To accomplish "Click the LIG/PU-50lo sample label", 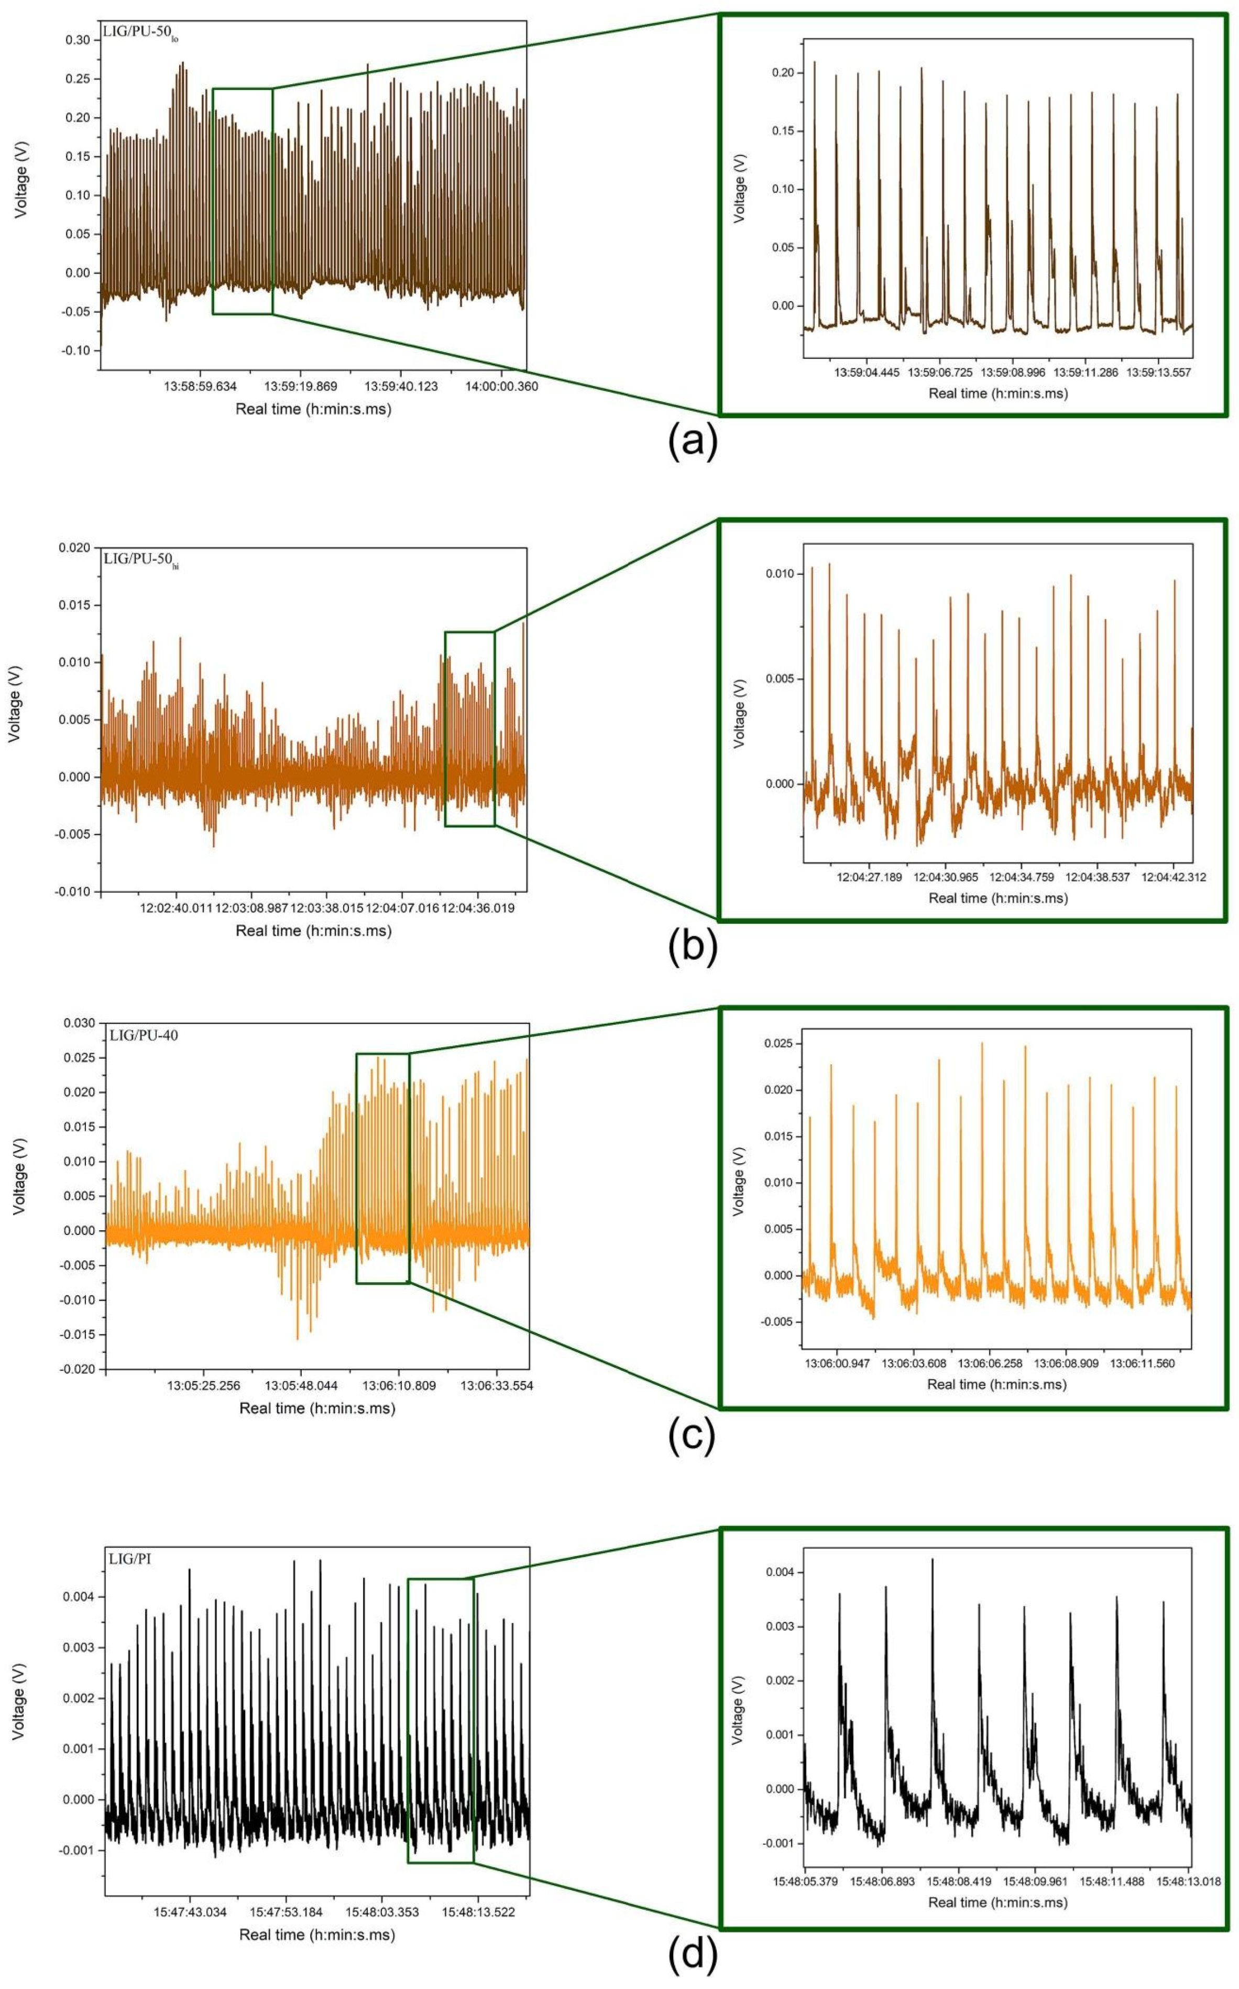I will tap(140, 34).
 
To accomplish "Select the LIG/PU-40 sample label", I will tap(144, 1035).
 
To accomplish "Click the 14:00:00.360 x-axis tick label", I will tap(497, 387).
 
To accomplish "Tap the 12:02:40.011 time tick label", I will tap(176, 908).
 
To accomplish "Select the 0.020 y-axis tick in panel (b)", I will tap(75, 548).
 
